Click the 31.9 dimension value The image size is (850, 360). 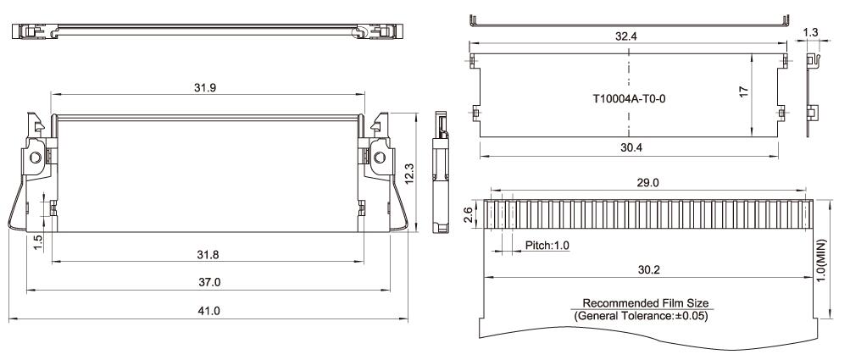[208, 88]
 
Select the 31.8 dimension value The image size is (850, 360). [208, 253]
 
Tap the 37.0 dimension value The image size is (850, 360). [208, 281]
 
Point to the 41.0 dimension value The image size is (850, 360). [208, 311]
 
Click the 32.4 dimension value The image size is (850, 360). [628, 38]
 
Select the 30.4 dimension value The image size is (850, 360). [628, 147]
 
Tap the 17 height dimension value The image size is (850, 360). [744, 91]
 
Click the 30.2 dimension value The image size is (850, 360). [648, 269]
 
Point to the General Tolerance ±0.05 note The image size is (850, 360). [642, 317]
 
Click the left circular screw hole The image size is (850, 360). [36, 158]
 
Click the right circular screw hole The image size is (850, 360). [378, 158]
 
